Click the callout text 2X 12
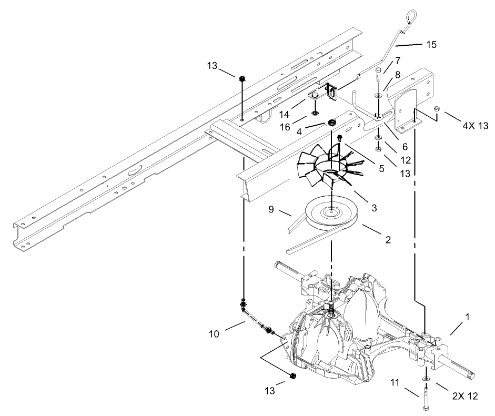[466, 396]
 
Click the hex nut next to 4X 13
[436, 109]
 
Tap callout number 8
[397, 75]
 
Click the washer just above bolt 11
[425, 378]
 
